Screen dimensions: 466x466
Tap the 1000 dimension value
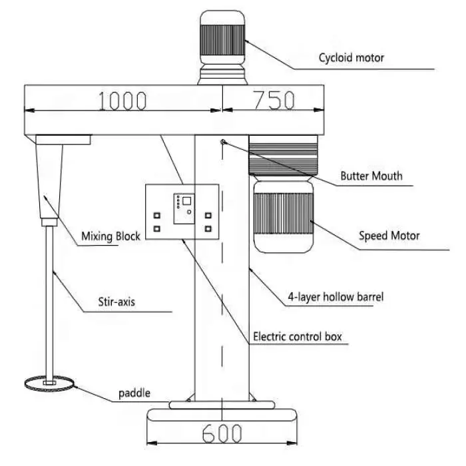coord(122,101)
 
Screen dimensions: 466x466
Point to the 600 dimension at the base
coord(222,434)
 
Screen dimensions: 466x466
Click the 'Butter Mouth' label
coord(371,177)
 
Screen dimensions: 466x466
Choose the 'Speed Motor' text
coord(389,235)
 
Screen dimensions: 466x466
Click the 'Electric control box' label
coord(298,337)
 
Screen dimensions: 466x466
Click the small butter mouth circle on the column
coord(224,142)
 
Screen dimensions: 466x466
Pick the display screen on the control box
coord(182,201)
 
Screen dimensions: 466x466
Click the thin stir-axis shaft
coord(48,300)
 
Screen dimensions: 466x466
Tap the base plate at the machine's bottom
coord(221,416)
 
